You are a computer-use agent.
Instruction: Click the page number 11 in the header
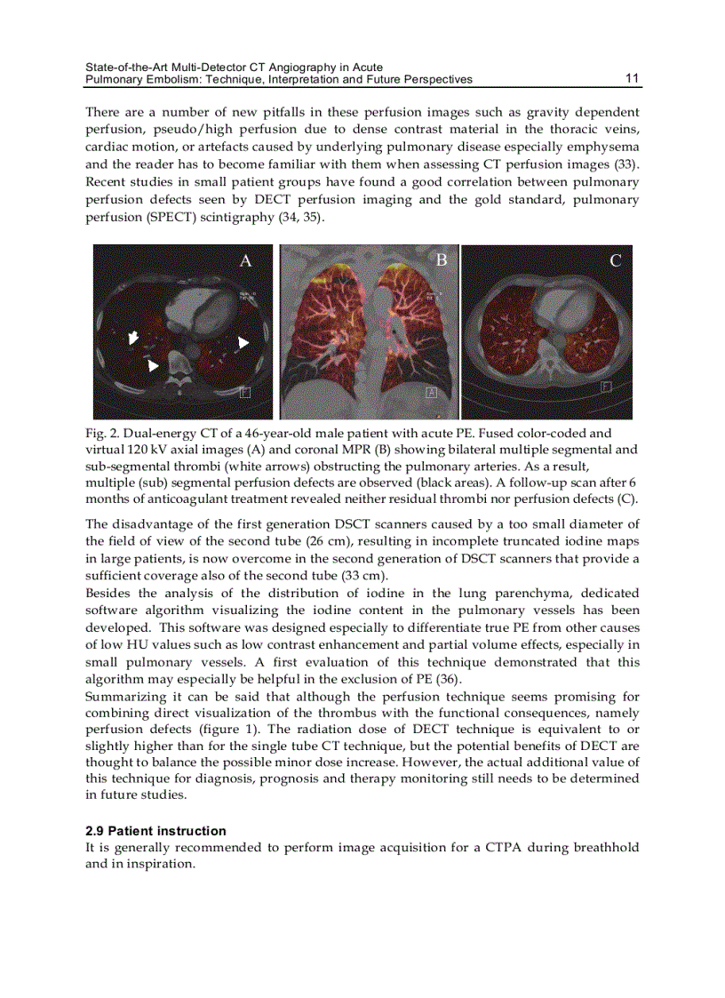click(632, 78)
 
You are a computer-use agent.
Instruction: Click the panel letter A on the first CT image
click(246, 260)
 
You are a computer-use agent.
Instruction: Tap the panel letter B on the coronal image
click(441, 260)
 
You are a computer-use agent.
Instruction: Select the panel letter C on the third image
click(615, 260)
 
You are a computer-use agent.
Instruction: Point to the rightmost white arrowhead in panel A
click(243, 342)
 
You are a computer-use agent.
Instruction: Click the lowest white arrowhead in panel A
click(154, 365)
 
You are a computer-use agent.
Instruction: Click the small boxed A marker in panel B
click(433, 392)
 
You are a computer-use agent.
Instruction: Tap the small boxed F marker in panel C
click(606, 386)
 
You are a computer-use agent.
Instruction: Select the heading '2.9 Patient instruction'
click(155, 831)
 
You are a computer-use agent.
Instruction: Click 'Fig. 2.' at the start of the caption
click(97, 434)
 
